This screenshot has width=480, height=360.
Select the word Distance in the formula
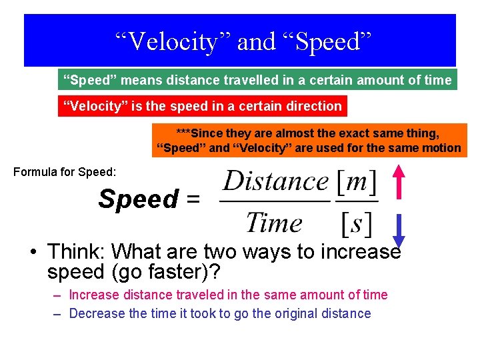[x=276, y=181]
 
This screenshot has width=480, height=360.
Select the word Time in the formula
[x=274, y=223]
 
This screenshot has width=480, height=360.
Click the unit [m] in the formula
[x=357, y=181]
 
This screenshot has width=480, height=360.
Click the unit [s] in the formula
[x=357, y=223]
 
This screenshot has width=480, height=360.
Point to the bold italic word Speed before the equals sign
[x=139, y=199]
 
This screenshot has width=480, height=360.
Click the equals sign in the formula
[x=193, y=199]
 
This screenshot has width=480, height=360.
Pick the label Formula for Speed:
[x=65, y=172]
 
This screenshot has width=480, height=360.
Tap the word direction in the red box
[x=314, y=106]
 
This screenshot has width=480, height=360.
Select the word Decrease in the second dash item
[x=95, y=313]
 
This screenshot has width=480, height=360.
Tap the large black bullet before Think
[x=32, y=253]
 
